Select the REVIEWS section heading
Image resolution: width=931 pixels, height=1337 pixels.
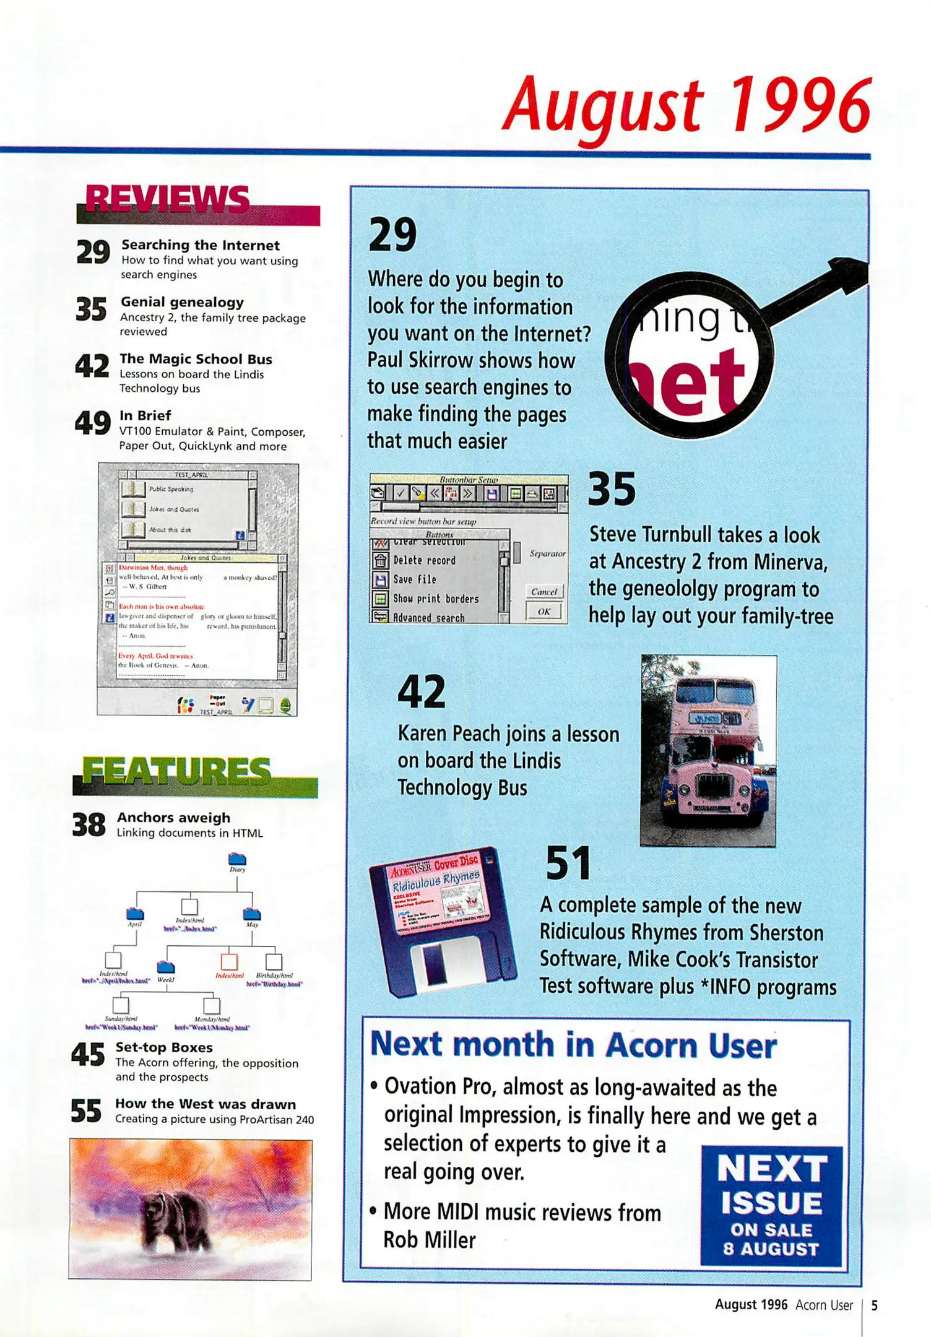tap(167, 199)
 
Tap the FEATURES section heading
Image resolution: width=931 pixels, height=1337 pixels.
tap(177, 772)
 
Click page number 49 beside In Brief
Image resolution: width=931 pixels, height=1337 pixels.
tap(93, 423)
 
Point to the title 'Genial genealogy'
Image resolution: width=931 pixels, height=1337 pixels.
tap(182, 302)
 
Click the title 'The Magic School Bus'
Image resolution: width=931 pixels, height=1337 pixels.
tap(196, 359)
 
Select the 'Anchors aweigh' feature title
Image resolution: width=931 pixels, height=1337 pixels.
tap(173, 818)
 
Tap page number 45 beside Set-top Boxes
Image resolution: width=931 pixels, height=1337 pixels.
tap(88, 1055)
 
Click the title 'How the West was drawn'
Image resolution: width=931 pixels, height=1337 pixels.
tap(206, 1104)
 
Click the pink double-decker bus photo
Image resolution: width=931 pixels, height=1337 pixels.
tap(708, 750)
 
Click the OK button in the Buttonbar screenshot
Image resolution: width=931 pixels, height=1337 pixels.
tap(543, 612)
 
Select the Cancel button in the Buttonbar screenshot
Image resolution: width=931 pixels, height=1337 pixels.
tap(543, 592)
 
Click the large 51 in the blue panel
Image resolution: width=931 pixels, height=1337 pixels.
tap(568, 863)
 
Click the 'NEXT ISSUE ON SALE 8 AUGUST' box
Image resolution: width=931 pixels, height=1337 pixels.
tap(771, 1205)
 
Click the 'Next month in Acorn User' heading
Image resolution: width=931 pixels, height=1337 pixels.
tap(573, 1045)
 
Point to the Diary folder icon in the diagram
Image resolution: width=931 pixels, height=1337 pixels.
tap(237, 859)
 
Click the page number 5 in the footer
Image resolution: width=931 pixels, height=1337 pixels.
tap(874, 1305)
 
